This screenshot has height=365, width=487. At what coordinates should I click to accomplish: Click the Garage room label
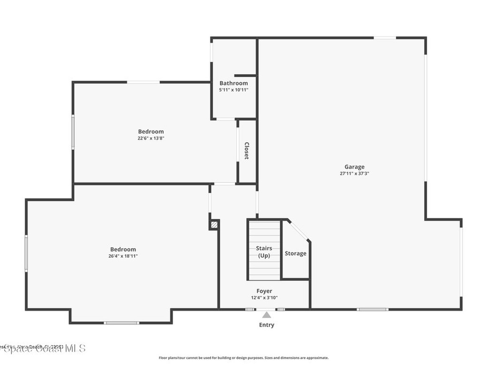[354, 167]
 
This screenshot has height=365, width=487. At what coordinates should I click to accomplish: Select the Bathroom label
[234, 83]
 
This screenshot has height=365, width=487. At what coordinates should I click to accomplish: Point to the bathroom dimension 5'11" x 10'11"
[234, 90]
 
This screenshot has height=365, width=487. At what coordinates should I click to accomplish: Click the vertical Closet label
[247, 151]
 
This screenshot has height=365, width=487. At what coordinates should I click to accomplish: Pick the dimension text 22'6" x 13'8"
[151, 138]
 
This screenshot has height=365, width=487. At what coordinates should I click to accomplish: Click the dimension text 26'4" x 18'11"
[123, 256]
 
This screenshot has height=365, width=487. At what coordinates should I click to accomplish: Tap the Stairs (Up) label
[264, 252]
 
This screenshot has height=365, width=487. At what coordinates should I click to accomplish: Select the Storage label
[295, 253]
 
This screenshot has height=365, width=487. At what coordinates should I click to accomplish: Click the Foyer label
[264, 291]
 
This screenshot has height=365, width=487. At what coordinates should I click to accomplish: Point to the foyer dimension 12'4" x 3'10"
[264, 298]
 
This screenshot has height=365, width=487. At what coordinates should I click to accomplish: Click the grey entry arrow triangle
[267, 315]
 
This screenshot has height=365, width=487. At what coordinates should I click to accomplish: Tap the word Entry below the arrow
[266, 325]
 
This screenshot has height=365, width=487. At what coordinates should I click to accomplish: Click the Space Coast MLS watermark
[43, 348]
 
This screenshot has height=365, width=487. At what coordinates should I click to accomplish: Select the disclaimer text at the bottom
[243, 358]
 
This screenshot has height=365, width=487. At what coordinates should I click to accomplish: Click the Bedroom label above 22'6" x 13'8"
[151, 132]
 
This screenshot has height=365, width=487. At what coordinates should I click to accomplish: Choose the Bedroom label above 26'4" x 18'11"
[123, 250]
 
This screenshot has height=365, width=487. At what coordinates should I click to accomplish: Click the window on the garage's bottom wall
[372, 309]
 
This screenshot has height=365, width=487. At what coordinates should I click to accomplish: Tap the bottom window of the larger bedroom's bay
[121, 323]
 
